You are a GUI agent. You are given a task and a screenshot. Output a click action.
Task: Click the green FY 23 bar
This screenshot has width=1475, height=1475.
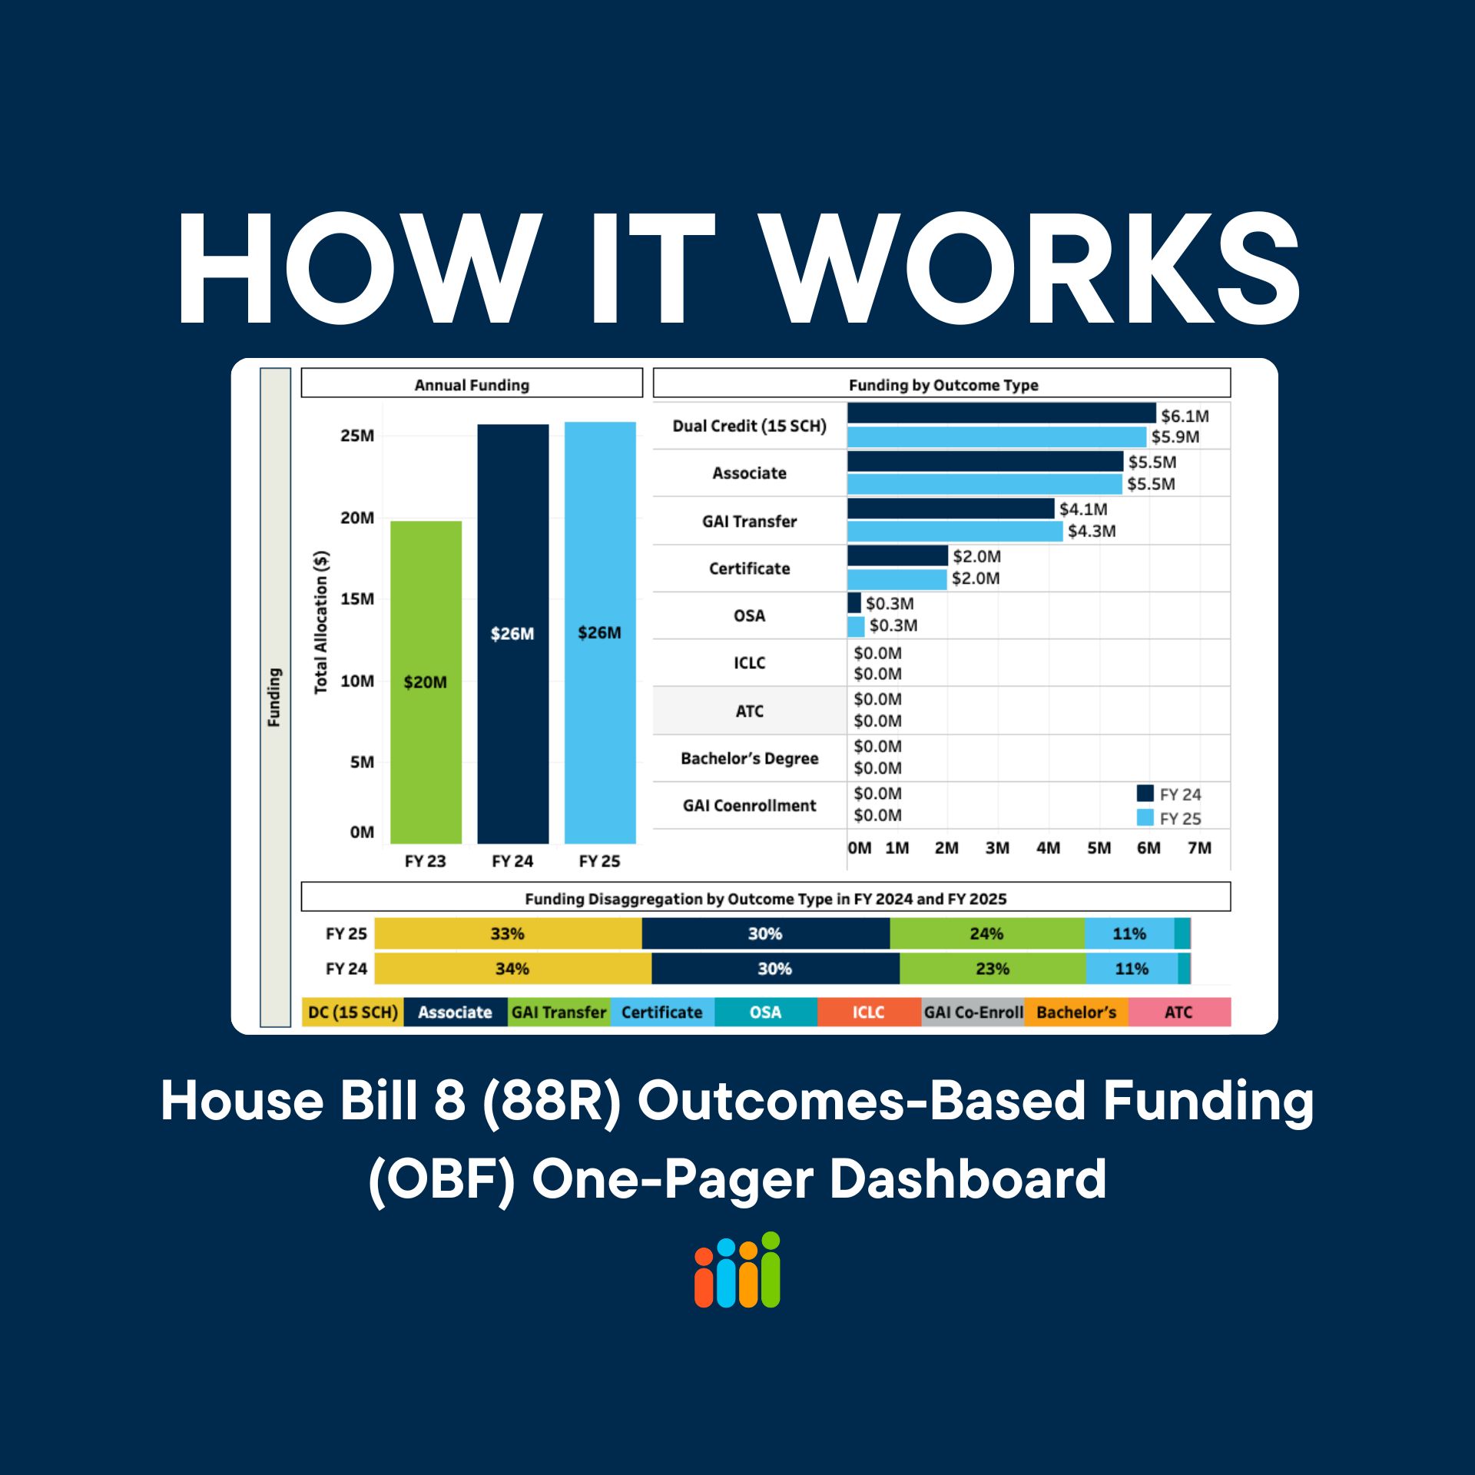pos(426,681)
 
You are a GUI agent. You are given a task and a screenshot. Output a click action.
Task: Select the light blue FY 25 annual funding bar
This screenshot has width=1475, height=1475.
pos(599,631)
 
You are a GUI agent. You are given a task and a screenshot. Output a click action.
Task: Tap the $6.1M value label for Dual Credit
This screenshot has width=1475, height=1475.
pos(1185,416)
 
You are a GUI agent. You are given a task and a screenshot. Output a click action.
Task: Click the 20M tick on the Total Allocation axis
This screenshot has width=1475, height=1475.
pos(357,518)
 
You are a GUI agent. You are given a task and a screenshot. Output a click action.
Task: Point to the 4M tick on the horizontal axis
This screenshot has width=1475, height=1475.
pos(1048,847)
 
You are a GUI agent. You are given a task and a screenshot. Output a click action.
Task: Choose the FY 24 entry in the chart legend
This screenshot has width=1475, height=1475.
pos(1169,794)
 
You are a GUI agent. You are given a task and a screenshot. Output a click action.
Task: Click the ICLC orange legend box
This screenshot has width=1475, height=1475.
pos(868,1012)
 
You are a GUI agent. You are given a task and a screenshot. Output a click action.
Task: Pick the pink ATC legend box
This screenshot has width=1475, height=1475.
pos(1178,1012)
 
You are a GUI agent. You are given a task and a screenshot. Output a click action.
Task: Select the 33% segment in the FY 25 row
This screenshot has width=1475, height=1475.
pos(507,933)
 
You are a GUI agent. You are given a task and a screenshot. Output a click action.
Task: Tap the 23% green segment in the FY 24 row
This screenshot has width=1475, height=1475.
pos(992,968)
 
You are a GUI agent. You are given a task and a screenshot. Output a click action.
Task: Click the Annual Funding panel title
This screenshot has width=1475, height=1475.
pos(472,384)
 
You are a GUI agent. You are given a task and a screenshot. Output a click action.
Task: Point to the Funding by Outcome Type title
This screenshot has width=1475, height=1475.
pos(943,384)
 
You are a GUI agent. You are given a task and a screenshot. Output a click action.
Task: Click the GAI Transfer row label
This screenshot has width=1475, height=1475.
pos(749,521)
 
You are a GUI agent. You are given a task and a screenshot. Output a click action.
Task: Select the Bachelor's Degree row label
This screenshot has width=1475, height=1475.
pos(749,758)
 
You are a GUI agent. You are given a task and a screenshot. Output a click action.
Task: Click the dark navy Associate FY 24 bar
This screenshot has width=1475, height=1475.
pos(985,461)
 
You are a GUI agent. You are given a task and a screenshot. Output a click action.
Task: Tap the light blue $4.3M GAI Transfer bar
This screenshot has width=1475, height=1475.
pos(954,531)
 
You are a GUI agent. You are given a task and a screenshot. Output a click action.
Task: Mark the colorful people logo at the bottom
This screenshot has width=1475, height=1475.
pos(737,1271)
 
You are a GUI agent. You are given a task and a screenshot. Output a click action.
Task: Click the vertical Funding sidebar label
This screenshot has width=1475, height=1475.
pos(274,696)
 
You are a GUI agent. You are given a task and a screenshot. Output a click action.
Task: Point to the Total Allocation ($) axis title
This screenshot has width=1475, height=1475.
pos(321,622)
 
